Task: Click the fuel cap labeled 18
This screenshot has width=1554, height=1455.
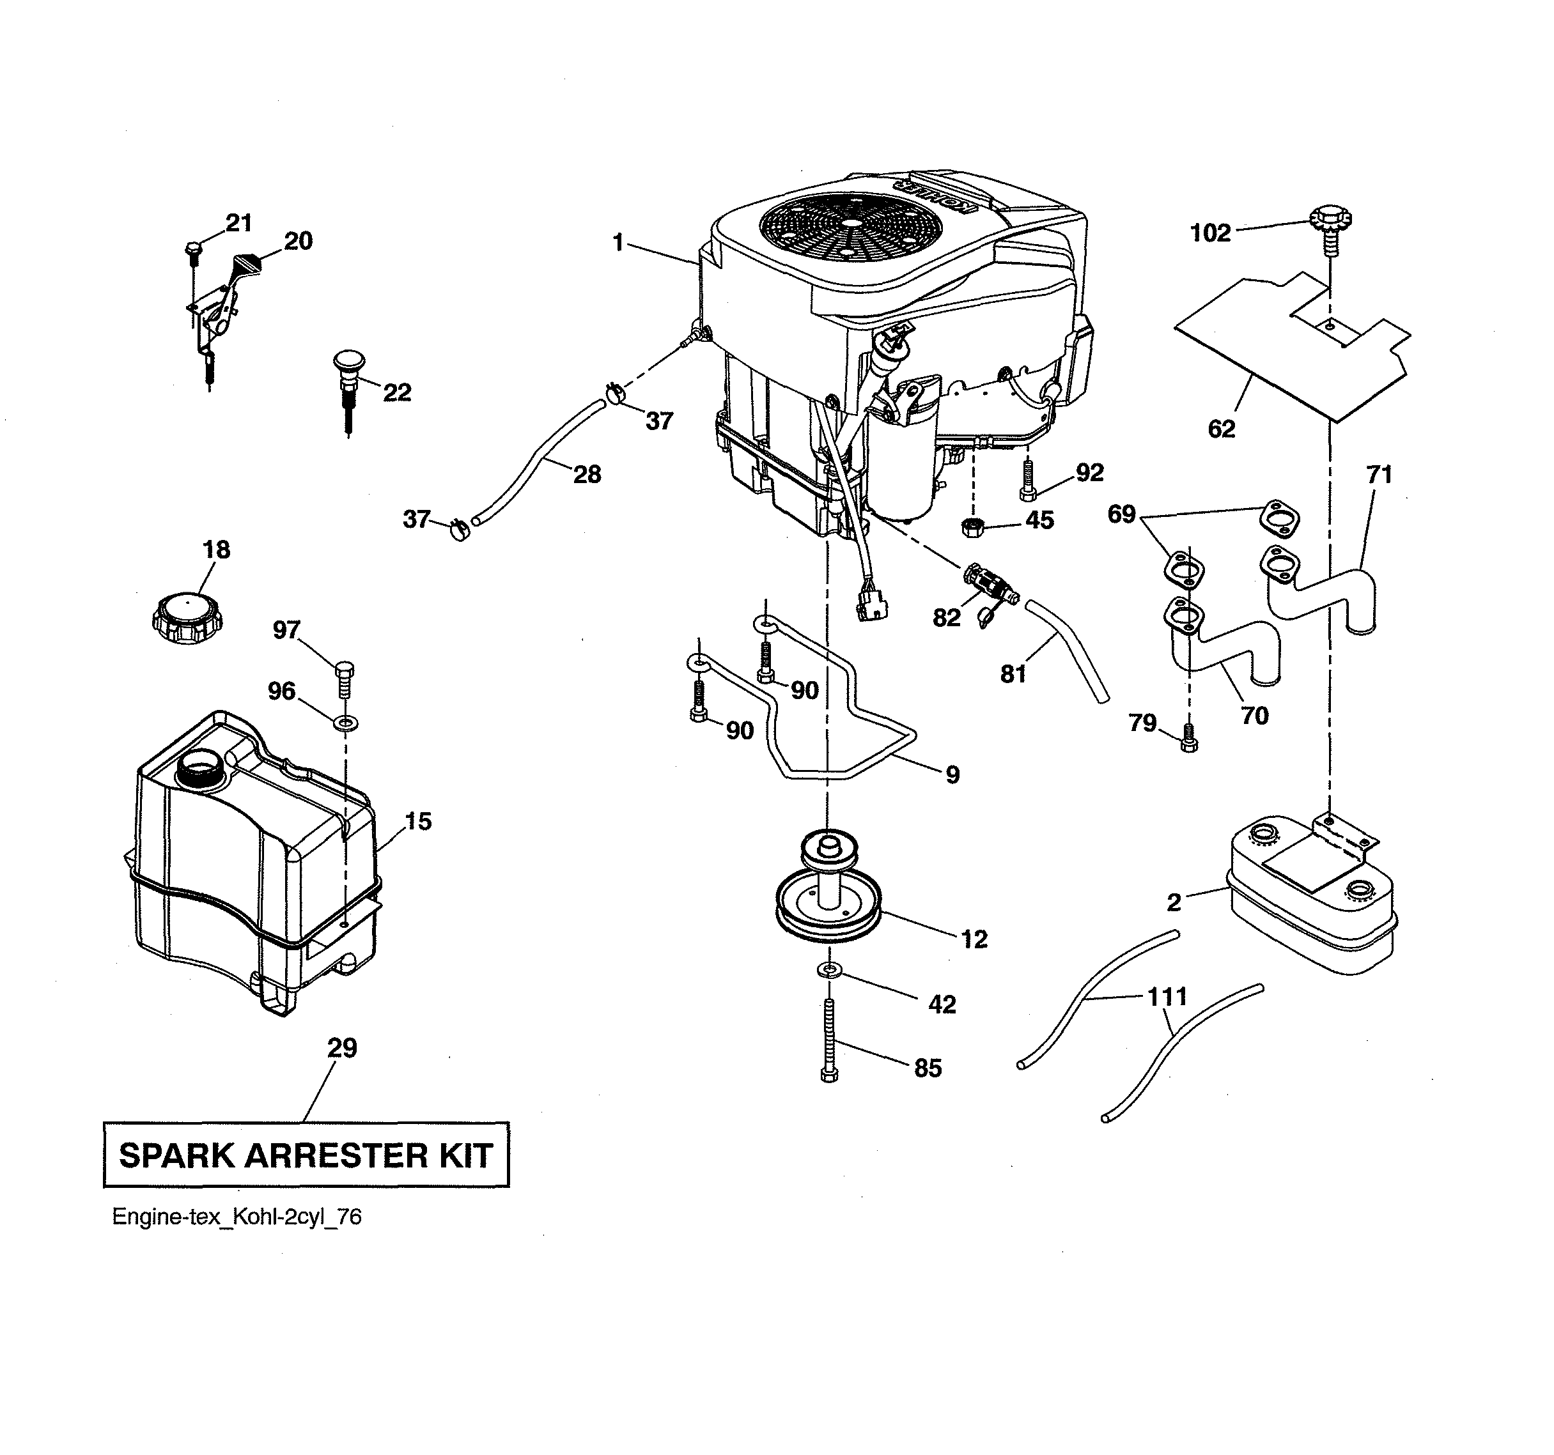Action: [186, 617]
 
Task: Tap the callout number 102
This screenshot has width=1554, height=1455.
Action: [1210, 233]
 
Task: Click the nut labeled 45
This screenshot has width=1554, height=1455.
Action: [972, 526]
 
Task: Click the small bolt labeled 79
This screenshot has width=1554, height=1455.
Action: [1187, 737]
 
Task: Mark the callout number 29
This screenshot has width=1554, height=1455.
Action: [341, 1047]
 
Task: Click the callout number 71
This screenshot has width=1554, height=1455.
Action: [1379, 474]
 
